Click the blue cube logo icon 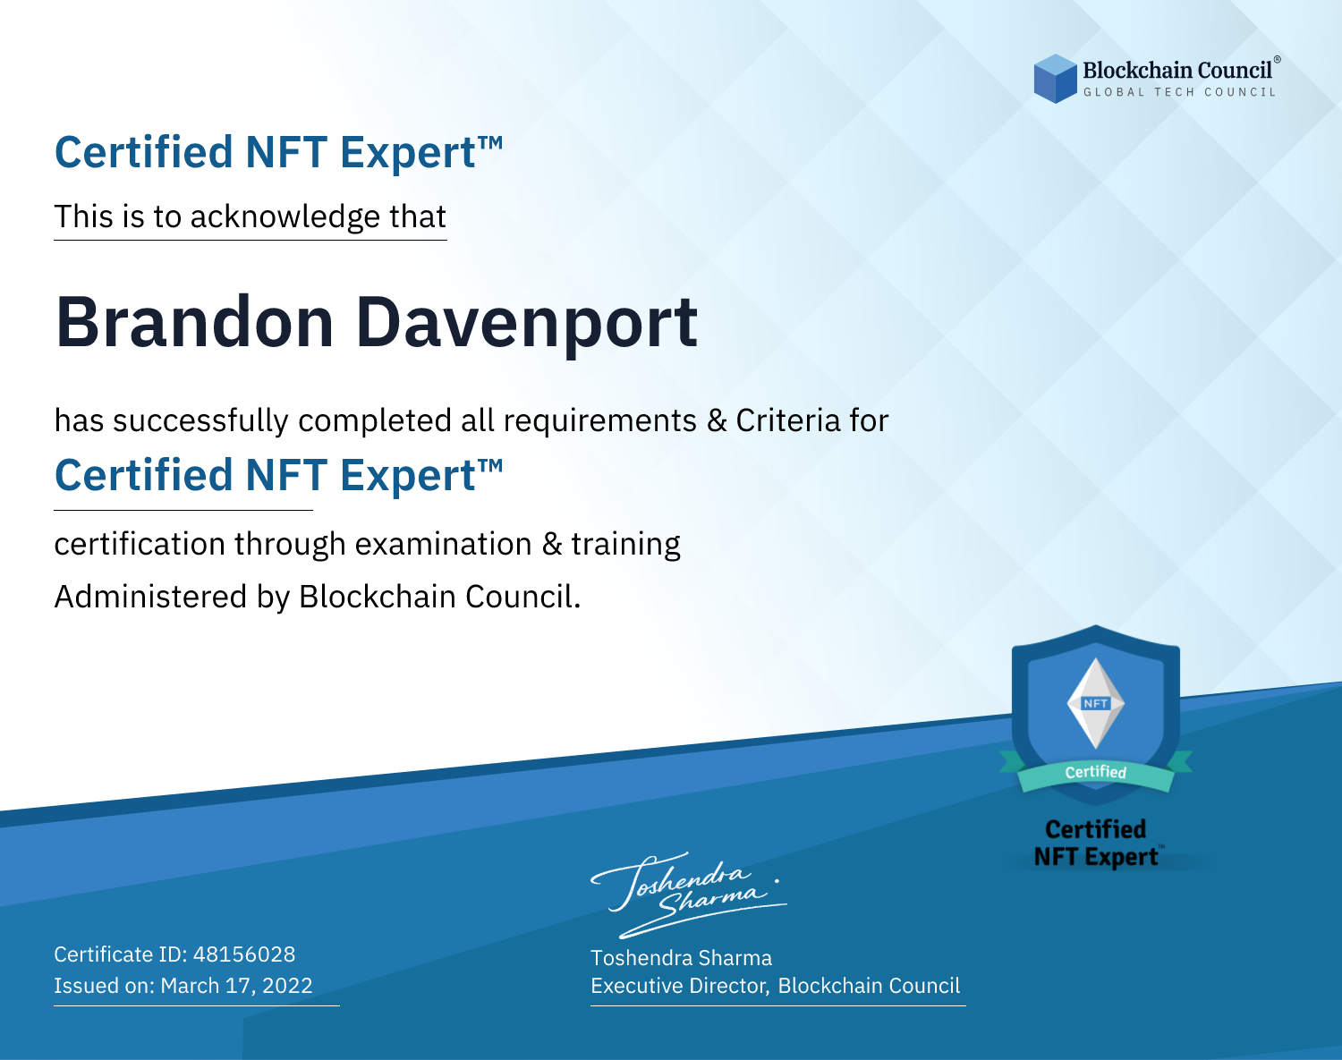click(1055, 79)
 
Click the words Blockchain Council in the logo click(1177, 71)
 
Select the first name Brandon click(194, 322)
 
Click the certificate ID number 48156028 click(244, 954)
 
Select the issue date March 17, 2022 click(236, 985)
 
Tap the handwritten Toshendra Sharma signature click(688, 895)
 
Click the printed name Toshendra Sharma click(681, 958)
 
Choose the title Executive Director click(678, 986)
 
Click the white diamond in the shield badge click(1096, 703)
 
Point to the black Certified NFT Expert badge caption click(1096, 843)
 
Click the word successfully click(200, 421)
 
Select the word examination click(443, 544)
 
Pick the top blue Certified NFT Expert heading click(278, 152)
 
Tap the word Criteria click(787, 420)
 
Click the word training click(625, 545)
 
